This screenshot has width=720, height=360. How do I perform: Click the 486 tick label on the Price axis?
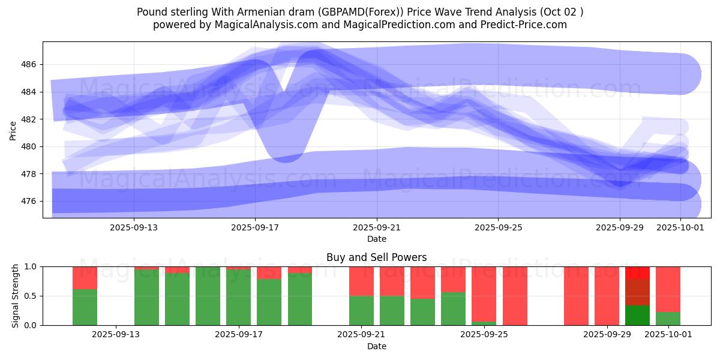(x=30, y=64)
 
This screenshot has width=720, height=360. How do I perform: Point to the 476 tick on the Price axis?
(x=30, y=201)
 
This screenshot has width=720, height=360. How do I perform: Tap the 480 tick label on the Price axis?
(x=30, y=146)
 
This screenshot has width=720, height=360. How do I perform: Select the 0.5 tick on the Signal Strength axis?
(x=30, y=296)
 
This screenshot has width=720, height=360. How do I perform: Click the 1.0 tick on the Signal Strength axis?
(x=30, y=266)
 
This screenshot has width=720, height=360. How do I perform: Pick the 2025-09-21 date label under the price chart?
(x=377, y=227)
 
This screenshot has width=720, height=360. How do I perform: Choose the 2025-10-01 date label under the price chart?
(x=680, y=227)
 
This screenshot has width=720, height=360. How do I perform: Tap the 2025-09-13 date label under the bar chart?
(x=116, y=335)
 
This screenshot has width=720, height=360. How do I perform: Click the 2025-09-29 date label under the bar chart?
(x=607, y=335)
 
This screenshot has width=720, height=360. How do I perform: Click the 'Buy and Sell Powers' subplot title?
(x=376, y=257)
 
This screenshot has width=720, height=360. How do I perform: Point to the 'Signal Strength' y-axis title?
(x=16, y=296)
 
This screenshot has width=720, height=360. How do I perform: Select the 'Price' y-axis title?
(x=13, y=130)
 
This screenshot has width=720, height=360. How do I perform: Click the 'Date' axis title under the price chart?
(x=376, y=239)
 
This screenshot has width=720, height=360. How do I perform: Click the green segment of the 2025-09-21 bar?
(x=361, y=310)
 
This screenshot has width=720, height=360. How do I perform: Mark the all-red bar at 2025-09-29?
(x=607, y=296)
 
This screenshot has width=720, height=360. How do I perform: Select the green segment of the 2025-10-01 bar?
(x=668, y=319)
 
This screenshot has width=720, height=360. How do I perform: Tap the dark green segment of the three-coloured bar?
(x=637, y=316)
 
